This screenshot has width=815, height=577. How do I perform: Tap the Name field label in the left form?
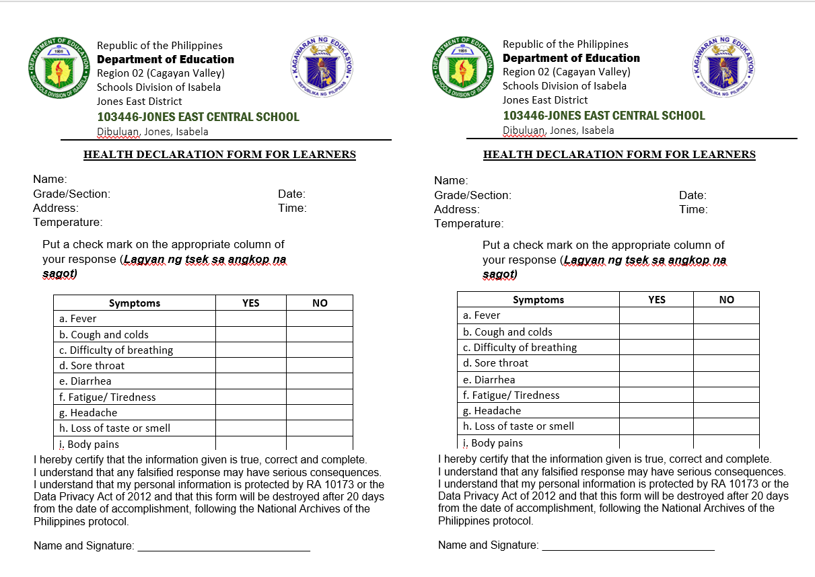point(50,179)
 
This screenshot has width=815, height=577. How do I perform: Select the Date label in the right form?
point(693,195)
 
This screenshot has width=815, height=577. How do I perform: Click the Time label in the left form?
point(292,208)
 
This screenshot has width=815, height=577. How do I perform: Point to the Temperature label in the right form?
point(468,223)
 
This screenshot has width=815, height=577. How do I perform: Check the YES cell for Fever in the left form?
point(250,319)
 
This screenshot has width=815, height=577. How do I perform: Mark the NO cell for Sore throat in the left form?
point(320,366)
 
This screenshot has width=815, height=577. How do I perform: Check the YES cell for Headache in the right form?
point(656,411)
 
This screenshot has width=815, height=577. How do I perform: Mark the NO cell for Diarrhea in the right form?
point(726,380)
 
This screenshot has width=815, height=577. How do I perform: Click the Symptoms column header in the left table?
point(135,303)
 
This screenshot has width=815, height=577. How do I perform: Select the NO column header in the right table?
point(726,300)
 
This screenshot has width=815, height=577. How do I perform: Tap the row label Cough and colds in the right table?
point(507,332)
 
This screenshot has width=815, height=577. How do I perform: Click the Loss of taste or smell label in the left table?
point(114,428)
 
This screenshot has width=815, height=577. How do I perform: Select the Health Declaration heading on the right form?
point(619,155)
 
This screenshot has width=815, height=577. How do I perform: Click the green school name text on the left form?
point(198,117)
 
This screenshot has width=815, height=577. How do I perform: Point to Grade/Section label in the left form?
point(72,194)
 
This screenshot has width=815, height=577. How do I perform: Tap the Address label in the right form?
point(457,209)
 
